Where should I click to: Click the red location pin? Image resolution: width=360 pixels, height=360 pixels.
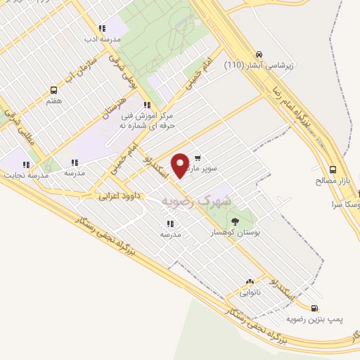181,165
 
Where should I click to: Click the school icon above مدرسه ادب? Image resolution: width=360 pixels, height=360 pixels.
103,29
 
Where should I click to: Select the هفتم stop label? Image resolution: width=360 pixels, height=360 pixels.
53,101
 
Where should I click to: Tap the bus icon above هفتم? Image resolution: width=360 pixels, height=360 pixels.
53,90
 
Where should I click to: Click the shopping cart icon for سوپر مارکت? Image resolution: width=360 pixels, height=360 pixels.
198,158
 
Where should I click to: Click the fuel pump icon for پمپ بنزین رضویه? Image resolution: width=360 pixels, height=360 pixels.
314,307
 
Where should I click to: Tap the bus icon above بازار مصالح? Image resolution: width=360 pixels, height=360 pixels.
333,169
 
